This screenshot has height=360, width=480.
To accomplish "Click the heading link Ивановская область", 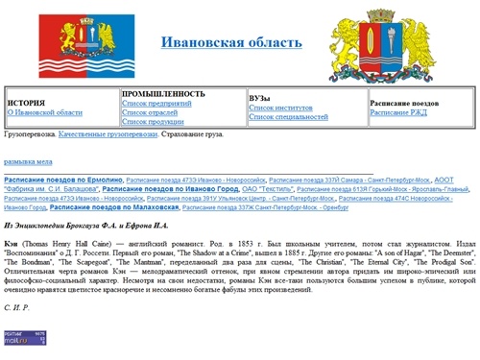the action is click(x=230, y=42).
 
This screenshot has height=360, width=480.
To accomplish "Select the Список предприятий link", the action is click(x=154, y=102).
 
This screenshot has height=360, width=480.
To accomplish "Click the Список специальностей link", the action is click(x=290, y=117).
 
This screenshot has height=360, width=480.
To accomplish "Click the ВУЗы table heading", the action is click(x=259, y=97).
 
